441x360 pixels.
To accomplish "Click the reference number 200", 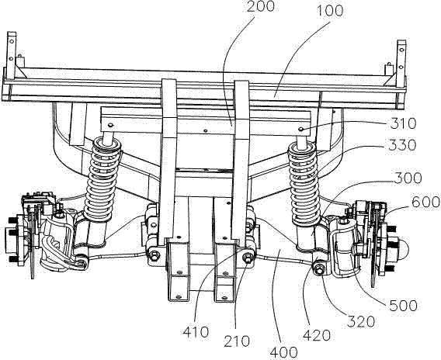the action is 260,7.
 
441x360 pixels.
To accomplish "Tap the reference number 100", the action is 330,11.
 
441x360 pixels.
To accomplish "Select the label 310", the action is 403,123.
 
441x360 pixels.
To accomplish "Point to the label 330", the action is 402,145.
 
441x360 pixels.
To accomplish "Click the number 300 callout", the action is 408,178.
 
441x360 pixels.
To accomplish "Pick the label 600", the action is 425,202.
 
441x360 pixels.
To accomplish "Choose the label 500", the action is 403,306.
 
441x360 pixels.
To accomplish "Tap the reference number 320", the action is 361,321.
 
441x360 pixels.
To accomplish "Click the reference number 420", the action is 317,335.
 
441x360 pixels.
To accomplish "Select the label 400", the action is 283,352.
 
